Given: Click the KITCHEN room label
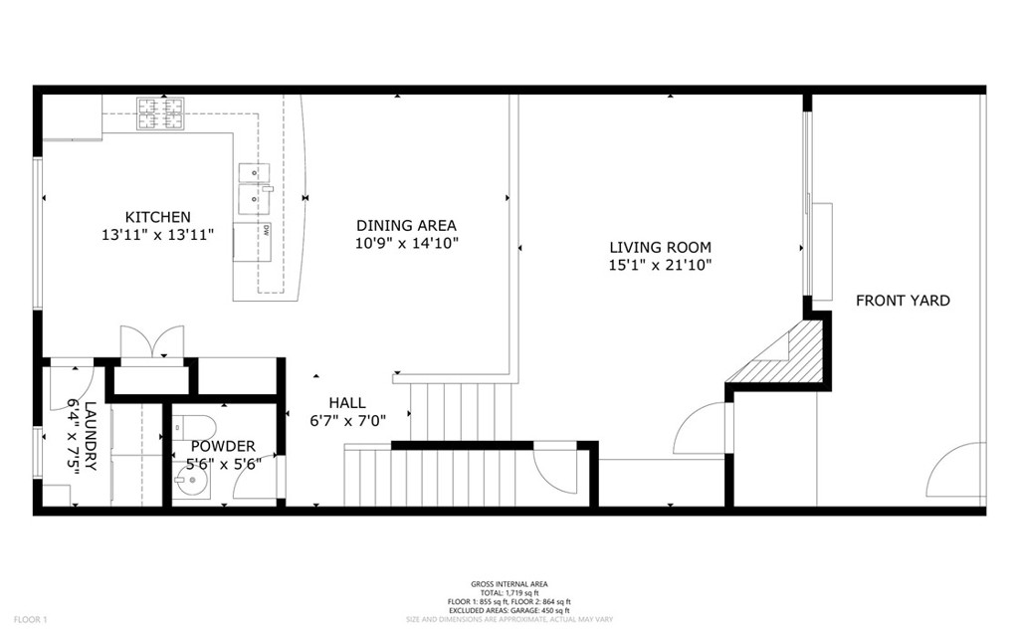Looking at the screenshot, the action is click(158, 217).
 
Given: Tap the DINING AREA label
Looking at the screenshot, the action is click(406, 226).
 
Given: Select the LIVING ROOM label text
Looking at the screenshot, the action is click(661, 247).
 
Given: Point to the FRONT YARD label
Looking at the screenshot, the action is click(903, 301).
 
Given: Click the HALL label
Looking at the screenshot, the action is click(347, 402).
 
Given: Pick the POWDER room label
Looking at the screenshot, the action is click(223, 446).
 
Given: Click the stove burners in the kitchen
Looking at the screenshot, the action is click(160, 113).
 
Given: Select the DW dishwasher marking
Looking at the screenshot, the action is click(267, 230).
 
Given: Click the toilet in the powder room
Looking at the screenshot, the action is click(194, 427).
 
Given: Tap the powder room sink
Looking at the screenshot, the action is click(191, 482).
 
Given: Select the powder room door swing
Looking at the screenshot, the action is click(256, 477).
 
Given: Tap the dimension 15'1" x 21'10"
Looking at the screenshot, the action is click(661, 265).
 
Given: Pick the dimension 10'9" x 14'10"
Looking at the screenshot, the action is click(407, 243).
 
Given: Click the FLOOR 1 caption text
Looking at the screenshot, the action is click(31, 620).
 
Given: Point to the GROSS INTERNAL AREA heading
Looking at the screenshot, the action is click(509, 584).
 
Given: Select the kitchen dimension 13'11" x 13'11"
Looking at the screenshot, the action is click(158, 235).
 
